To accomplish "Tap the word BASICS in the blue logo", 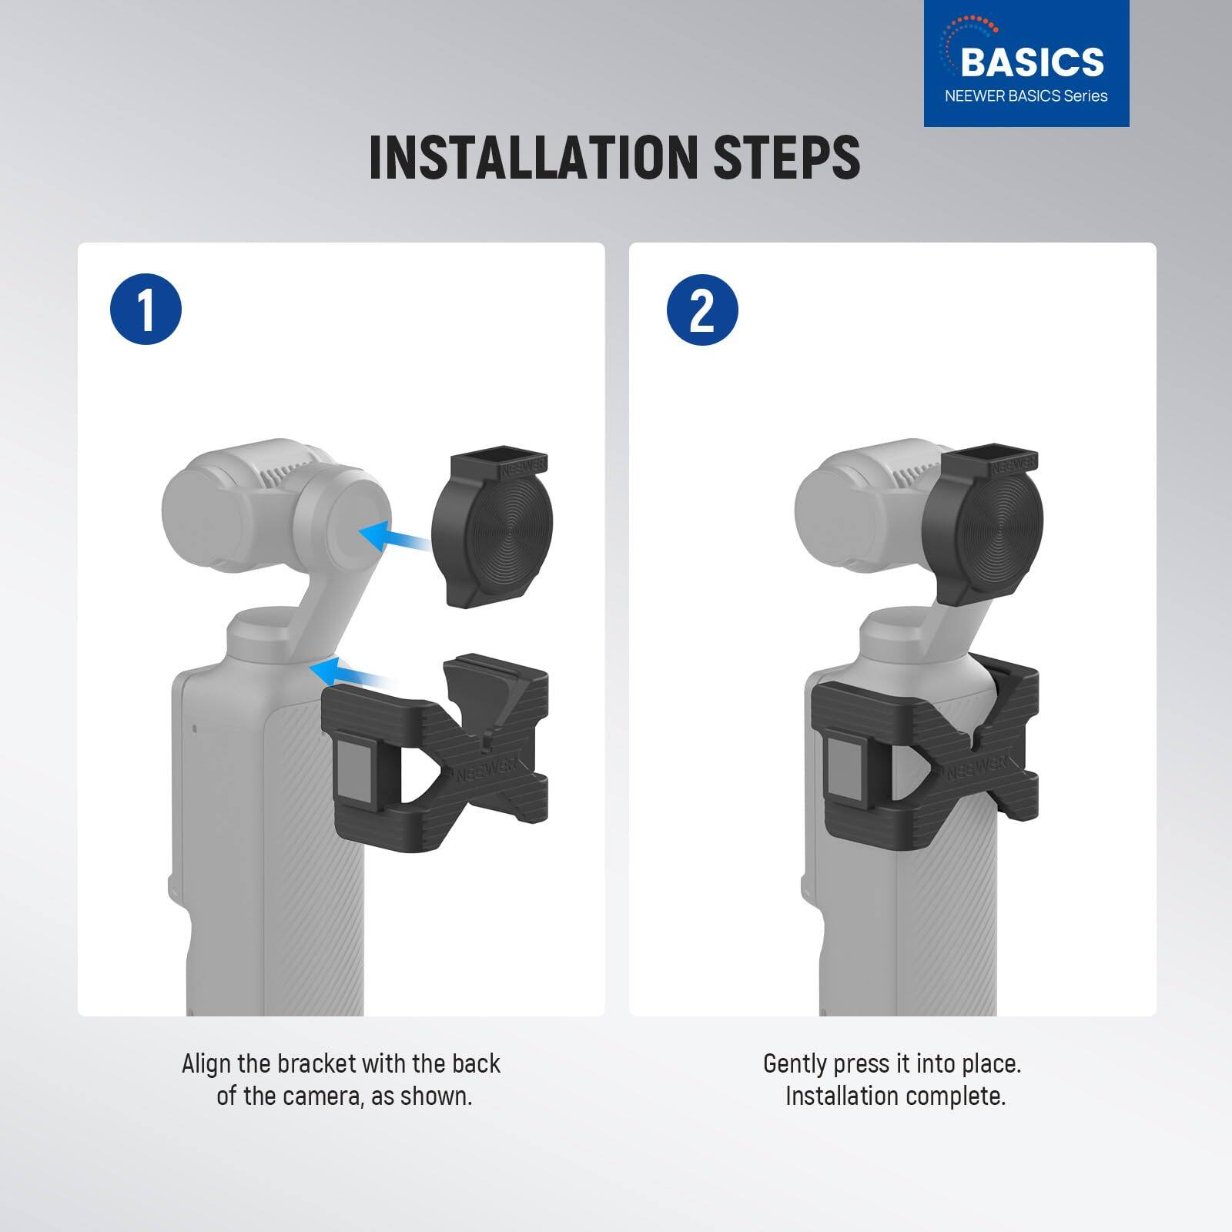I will (x=1032, y=62).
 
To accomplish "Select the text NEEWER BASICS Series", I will (x=1026, y=96).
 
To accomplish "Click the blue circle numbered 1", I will (x=146, y=310).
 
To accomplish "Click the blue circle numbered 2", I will (x=702, y=310).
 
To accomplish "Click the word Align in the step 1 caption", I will (x=206, y=1064).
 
